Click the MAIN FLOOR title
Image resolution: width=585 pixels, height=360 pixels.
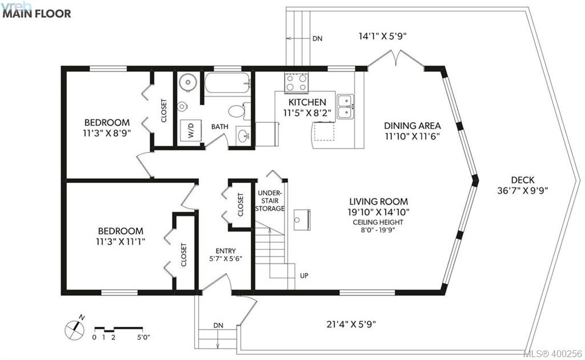click(x=37, y=14)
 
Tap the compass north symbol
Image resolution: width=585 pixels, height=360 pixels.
click(x=74, y=329)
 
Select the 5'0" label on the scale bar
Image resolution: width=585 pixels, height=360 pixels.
click(x=143, y=337)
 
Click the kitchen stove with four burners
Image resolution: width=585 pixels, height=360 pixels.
click(x=296, y=82)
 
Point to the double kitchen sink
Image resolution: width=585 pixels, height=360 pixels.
click(x=346, y=107)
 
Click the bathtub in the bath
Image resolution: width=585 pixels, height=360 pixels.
click(x=227, y=83)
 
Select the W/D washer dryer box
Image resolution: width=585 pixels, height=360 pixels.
click(x=191, y=130)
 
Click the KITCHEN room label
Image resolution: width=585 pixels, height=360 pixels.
click(x=307, y=102)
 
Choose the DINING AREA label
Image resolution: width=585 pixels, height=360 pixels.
click(x=412, y=126)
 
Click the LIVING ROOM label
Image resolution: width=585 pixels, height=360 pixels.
click(x=379, y=202)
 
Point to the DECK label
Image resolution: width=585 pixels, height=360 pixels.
click(x=523, y=180)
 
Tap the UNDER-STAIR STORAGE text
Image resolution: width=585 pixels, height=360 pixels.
click(x=270, y=201)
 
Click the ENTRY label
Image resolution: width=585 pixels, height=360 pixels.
click(x=225, y=251)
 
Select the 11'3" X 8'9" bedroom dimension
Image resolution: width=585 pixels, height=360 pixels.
click(x=107, y=133)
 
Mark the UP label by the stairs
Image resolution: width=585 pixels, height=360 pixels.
click(x=304, y=275)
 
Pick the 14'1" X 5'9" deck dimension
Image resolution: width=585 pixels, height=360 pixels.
click(x=382, y=36)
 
